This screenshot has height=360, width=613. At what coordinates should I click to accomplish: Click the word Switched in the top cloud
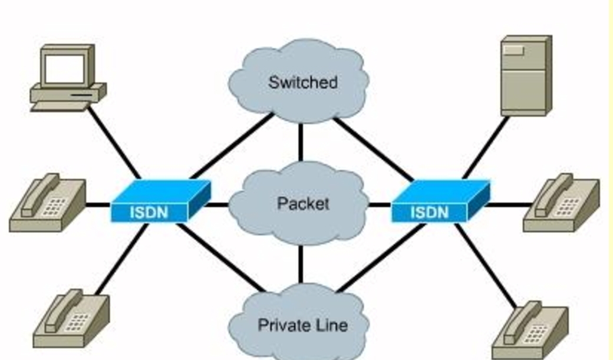click(x=302, y=82)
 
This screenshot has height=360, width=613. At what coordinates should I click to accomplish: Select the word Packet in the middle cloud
click(x=302, y=203)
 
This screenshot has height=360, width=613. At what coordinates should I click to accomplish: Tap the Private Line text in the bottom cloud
click(x=302, y=325)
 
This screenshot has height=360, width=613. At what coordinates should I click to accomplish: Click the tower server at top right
click(x=525, y=75)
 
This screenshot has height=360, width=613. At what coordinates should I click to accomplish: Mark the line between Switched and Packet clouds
click(x=301, y=142)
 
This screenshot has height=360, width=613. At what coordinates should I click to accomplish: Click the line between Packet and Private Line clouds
click(x=301, y=263)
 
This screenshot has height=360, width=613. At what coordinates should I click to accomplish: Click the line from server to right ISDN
click(x=486, y=147)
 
